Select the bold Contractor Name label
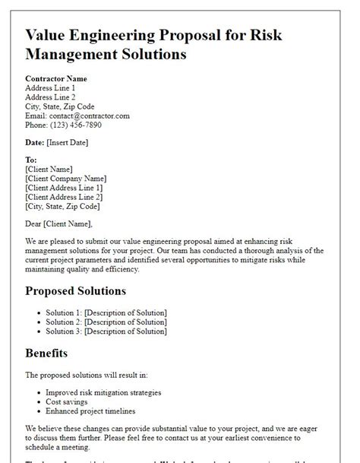click(x=56, y=78)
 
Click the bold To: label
click(x=31, y=160)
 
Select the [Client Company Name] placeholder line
click(x=65, y=178)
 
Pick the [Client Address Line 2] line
click(x=64, y=196)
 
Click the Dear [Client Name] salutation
click(x=58, y=224)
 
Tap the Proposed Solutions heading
click(x=76, y=290)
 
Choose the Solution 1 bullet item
click(x=106, y=313)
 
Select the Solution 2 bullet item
click(x=106, y=322)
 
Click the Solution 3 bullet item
click(x=106, y=331)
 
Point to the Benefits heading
click(x=46, y=353)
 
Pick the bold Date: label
click(x=34, y=141)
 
